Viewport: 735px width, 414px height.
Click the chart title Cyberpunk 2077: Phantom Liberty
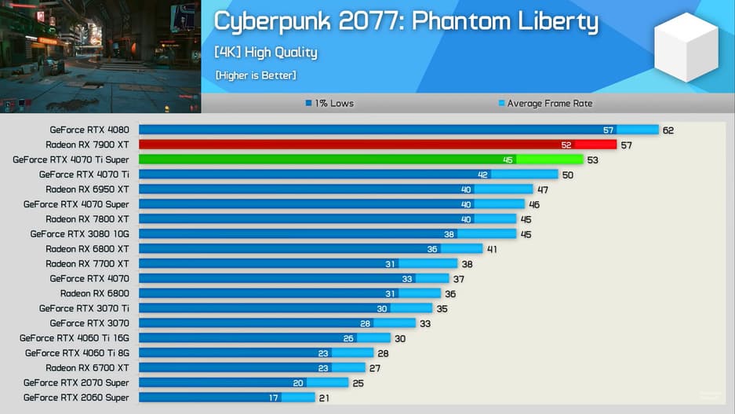pos(406,22)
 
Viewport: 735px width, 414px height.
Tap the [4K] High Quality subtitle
pos(265,53)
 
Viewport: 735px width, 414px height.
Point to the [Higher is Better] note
pos(255,75)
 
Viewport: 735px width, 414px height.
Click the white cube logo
pos(686,47)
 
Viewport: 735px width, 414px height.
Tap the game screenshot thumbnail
pos(100,57)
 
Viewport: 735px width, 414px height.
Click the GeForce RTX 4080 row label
pos(89,130)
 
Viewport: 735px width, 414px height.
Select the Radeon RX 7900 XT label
pos(87,145)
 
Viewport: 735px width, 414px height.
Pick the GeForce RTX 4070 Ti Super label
pos(71,159)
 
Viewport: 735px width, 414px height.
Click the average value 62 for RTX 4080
pos(668,130)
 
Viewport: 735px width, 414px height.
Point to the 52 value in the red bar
pos(566,145)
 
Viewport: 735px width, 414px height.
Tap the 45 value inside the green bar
pos(508,159)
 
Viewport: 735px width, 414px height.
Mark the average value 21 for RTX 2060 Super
pos(324,398)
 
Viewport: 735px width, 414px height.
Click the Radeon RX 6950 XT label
pos(87,189)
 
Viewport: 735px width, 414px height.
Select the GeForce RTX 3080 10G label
pos(79,234)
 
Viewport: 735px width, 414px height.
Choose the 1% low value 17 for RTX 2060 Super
pos(273,398)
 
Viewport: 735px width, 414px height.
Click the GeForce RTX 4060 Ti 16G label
pos(75,338)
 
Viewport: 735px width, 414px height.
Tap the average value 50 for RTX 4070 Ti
pos(567,174)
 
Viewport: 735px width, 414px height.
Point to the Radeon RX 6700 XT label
pos(87,368)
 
